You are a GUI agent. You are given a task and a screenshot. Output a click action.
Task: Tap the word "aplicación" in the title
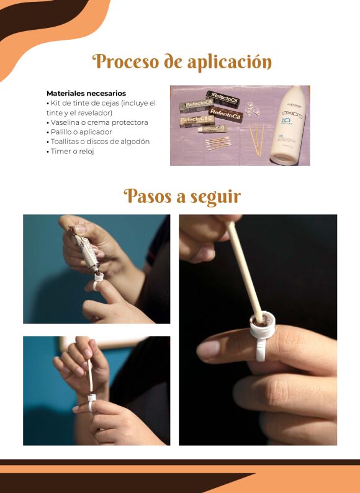[230, 62]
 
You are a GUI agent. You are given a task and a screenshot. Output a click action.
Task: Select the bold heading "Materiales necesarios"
[86, 93]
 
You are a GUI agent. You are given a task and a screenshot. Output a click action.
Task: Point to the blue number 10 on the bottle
[286, 121]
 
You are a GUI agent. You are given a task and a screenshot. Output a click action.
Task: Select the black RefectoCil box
[223, 99]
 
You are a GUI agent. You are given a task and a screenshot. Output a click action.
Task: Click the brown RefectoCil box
[225, 114]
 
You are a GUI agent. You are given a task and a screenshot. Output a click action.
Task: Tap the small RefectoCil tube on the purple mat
[212, 129]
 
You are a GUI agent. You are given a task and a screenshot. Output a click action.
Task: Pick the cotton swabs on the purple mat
[218, 143]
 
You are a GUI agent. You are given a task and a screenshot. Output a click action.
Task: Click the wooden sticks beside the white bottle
[256, 140]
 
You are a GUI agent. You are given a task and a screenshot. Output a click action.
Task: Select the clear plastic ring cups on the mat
[253, 109]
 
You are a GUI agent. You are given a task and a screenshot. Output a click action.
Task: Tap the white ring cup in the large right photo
[263, 336]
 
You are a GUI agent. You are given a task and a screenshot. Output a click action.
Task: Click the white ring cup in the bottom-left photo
[91, 402]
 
